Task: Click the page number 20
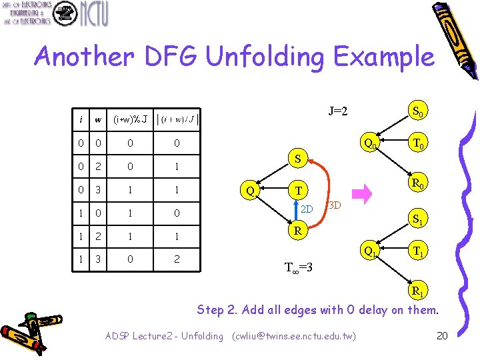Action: tap(441, 335)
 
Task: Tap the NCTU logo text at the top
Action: tap(93, 13)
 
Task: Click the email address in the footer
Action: tap(294, 336)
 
